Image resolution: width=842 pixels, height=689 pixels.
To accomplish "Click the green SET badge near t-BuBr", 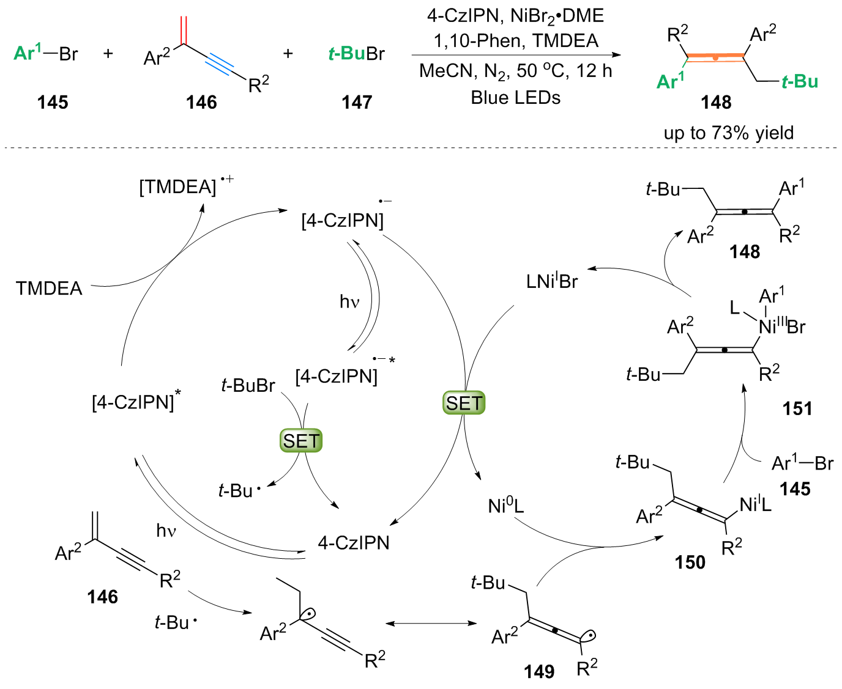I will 301,441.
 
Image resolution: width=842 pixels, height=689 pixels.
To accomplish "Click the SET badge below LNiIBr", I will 464,403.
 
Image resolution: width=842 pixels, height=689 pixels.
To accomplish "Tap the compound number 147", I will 357,102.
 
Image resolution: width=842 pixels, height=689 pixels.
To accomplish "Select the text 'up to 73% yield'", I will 728,133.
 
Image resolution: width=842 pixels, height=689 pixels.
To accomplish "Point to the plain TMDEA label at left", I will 49,288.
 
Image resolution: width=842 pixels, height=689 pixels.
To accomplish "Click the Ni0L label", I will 505,506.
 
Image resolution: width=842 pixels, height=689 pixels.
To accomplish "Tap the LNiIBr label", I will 551,281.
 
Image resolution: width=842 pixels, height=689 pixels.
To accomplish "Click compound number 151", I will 797,408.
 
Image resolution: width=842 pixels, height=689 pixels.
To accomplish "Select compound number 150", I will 690,562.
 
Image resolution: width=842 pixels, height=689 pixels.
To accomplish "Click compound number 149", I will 538,671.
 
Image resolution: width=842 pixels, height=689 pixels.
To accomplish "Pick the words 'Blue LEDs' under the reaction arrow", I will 515,97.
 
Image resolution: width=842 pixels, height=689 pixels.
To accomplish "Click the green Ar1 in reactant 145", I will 28,53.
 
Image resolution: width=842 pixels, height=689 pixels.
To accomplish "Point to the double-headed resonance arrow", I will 431,623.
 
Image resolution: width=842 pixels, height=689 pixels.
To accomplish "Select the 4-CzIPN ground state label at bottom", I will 354,542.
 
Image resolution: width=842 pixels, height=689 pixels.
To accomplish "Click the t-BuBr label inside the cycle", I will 248,385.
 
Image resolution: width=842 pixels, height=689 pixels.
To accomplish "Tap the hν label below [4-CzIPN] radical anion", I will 349,301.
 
